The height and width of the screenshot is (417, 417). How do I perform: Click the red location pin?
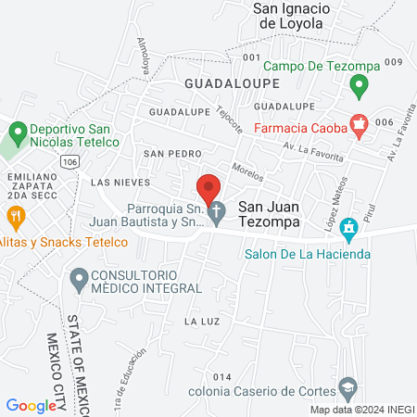(x=208, y=184)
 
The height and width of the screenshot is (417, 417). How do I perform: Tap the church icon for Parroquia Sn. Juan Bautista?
(x=215, y=212)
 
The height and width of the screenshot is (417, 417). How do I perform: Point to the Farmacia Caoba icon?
(x=360, y=124)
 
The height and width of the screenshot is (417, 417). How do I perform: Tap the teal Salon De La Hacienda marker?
(x=348, y=227)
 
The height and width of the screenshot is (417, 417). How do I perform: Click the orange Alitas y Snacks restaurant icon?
(x=16, y=218)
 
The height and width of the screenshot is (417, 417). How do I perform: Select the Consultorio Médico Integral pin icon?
(x=80, y=277)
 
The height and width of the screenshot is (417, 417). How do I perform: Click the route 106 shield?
(x=72, y=161)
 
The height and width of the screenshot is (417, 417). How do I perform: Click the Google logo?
(x=31, y=405)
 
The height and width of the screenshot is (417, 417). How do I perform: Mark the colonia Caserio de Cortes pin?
(x=348, y=385)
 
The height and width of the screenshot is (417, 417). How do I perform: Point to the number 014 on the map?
(x=221, y=377)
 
